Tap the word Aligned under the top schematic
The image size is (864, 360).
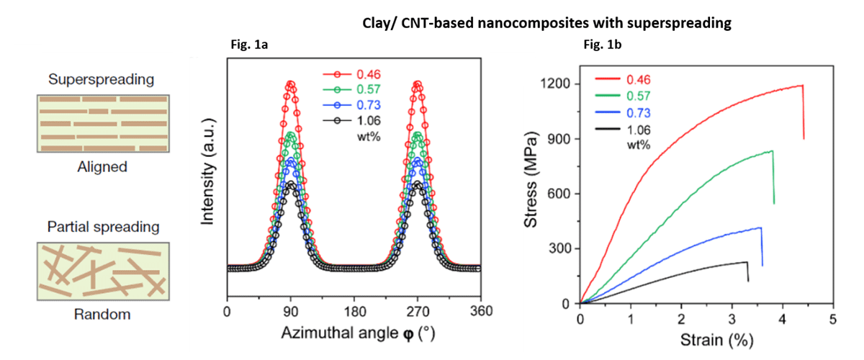pyautogui.click(x=102, y=167)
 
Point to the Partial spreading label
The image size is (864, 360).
pyautogui.click(x=101, y=228)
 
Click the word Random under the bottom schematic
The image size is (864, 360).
pyautogui.click(x=102, y=315)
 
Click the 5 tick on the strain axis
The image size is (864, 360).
pyautogui.click(x=833, y=318)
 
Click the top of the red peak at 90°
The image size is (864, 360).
pyautogui.click(x=291, y=84)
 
